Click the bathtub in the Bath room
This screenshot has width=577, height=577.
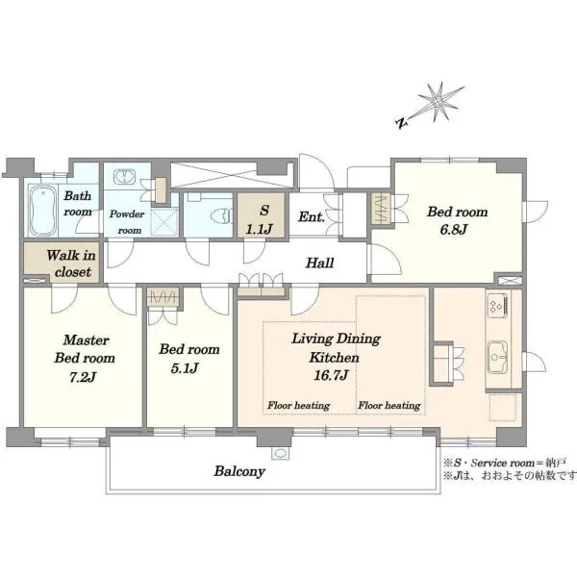pyautogui.click(x=43, y=211)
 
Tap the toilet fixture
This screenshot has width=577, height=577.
pyautogui.click(x=221, y=216)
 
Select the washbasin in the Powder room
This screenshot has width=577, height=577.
pyautogui.click(x=124, y=177)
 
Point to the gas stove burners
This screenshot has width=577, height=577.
pyautogui.click(x=497, y=305)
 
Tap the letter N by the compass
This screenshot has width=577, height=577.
pyautogui.click(x=402, y=123)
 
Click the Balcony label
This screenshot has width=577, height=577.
pyautogui.click(x=239, y=471)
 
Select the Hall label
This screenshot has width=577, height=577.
pyautogui.click(x=320, y=263)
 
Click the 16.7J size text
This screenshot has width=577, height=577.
pyautogui.click(x=331, y=375)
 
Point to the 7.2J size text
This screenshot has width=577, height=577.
pyautogui.click(x=83, y=377)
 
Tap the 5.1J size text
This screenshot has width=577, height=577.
pyautogui.click(x=185, y=368)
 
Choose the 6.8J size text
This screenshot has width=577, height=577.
pyautogui.click(x=454, y=230)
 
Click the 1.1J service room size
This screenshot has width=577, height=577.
pyautogui.click(x=259, y=230)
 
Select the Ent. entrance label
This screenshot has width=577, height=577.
pyautogui.click(x=312, y=216)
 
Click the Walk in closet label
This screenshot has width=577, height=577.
pyautogui.click(x=71, y=263)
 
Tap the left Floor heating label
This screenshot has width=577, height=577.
pyautogui.click(x=298, y=406)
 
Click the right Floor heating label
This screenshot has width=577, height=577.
pyautogui.click(x=389, y=406)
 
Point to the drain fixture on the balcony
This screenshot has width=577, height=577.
pyautogui.click(x=280, y=453)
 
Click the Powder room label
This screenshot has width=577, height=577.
pyautogui.click(x=127, y=222)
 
